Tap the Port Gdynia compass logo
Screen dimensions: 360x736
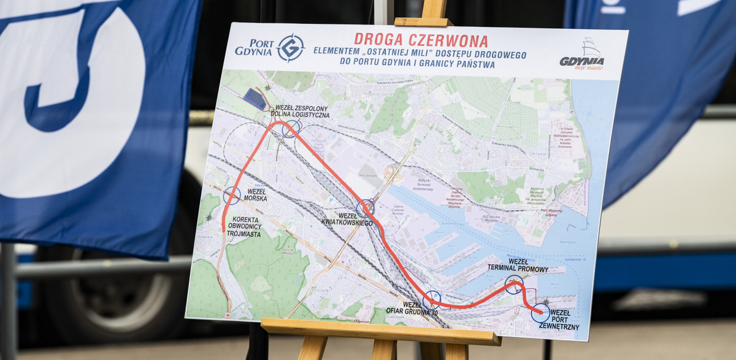click(291, 48)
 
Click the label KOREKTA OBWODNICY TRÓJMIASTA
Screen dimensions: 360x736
click(248, 226)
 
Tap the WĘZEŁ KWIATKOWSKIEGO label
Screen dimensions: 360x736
click(347, 219)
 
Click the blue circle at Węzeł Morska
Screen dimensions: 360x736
click(232, 196)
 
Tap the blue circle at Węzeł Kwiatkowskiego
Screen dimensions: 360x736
click(366, 208)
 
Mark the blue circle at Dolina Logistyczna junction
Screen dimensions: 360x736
click(291, 128)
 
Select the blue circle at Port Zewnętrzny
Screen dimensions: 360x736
click(540, 312)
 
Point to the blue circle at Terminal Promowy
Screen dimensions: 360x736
click(514, 284)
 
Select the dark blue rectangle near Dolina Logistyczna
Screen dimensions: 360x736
click(255, 98)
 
